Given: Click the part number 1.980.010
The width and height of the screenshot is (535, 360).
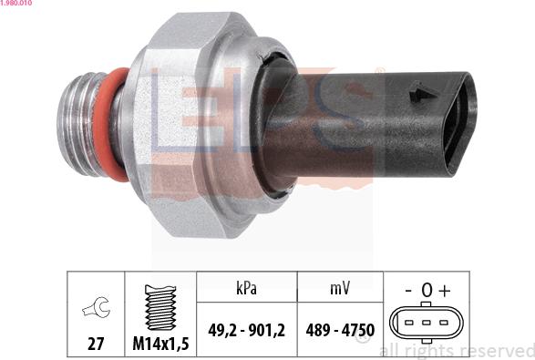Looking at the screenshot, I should coord(17,5).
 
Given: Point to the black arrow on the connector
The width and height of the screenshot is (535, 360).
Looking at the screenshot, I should coord(420,93).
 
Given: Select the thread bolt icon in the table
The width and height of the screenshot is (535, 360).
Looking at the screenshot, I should coord(159,303).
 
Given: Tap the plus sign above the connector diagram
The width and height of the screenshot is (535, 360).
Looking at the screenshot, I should coord(444,290).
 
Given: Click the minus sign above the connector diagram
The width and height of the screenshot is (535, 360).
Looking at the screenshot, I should coord(407,290).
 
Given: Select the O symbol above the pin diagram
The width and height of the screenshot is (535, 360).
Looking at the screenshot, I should coord(426,291).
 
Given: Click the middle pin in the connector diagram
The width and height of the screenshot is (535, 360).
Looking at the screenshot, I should coord(426,323).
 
